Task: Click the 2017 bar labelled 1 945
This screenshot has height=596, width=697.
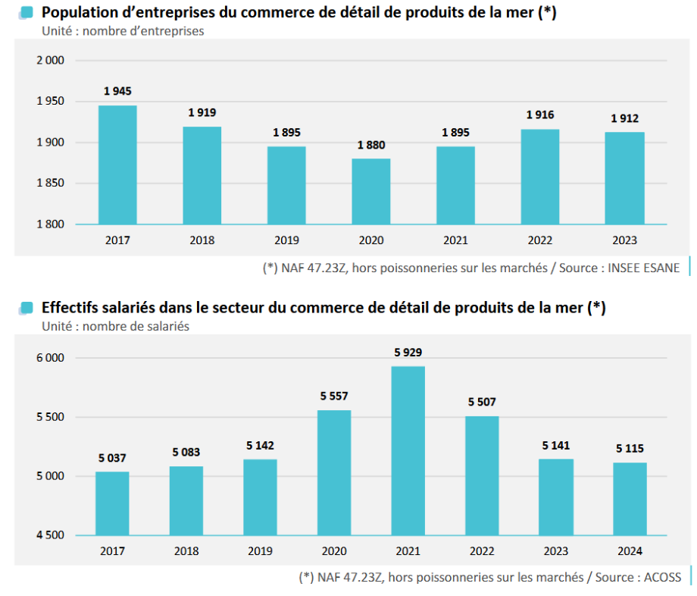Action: point(117,165)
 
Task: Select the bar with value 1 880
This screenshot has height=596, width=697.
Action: point(371,191)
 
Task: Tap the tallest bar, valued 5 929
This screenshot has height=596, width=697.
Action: point(408,451)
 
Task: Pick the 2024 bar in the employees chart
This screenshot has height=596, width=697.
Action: point(630,499)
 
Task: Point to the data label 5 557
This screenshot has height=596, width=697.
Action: point(334,396)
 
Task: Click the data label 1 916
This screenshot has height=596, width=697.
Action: point(540,115)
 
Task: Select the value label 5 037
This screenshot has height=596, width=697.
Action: point(112,458)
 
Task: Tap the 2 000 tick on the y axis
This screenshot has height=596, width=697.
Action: point(51,61)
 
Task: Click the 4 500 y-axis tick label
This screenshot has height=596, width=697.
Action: point(51,535)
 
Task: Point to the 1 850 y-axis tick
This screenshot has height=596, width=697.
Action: point(51,184)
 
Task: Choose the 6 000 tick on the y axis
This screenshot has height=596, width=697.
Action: point(51,358)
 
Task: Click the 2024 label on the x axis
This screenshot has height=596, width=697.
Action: point(630,551)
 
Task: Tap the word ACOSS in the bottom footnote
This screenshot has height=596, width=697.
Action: point(664,577)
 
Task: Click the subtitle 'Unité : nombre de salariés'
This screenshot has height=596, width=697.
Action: point(115,326)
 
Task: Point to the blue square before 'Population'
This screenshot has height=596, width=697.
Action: point(26,13)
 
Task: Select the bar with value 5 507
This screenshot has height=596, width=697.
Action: point(482,475)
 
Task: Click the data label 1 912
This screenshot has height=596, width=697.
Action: point(625,118)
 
